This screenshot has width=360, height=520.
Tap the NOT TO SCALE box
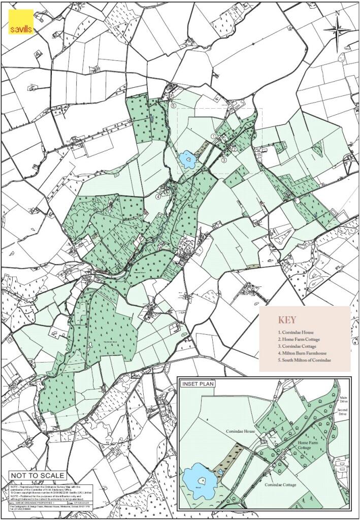point(38,475)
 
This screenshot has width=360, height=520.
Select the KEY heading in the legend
point(286,320)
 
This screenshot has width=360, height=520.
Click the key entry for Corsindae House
point(296,332)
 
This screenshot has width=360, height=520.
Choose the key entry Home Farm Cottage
point(299,339)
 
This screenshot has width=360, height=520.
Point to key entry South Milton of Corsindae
point(304,360)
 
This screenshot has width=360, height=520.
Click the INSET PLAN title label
point(198,383)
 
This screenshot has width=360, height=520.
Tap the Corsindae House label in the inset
point(240,431)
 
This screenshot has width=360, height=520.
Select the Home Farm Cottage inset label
point(310,445)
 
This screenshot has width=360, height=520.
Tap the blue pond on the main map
point(188,161)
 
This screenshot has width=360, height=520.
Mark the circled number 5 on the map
point(174,106)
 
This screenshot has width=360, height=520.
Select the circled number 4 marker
point(158,196)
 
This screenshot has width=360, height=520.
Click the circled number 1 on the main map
point(213,136)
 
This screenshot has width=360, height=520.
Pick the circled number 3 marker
point(223,160)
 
